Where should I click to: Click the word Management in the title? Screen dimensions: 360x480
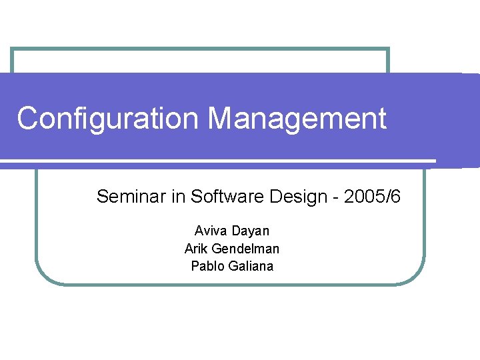pyautogui.click(x=297, y=119)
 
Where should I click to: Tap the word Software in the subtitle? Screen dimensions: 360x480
pyautogui.click(x=221, y=197)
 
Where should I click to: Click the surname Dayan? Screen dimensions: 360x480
pyautogui.click(x=251, y=231)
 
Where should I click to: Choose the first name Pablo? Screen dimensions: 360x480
pyautogui.click(x=207, y=267)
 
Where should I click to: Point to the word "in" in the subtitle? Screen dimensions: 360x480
pyautogui.click(x=179, y=197)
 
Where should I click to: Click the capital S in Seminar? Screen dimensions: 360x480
pyautogui.click(x=103, y=197)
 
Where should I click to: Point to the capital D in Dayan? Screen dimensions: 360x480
pyautogui.click(x=236, y=231)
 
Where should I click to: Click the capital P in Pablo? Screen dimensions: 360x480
pyautogui.click(x=195, y=267)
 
